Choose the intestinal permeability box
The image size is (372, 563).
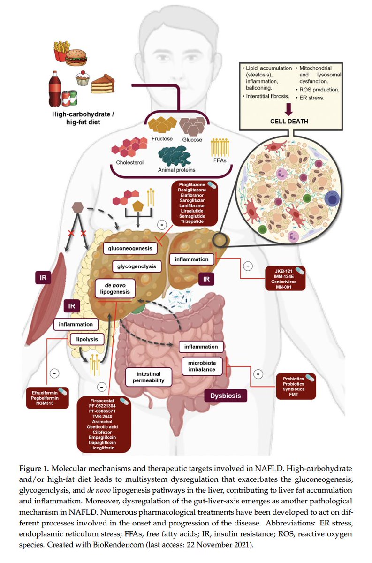point(151,376)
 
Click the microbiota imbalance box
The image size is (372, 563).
point(202,366)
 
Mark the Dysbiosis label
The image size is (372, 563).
point(225,396)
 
